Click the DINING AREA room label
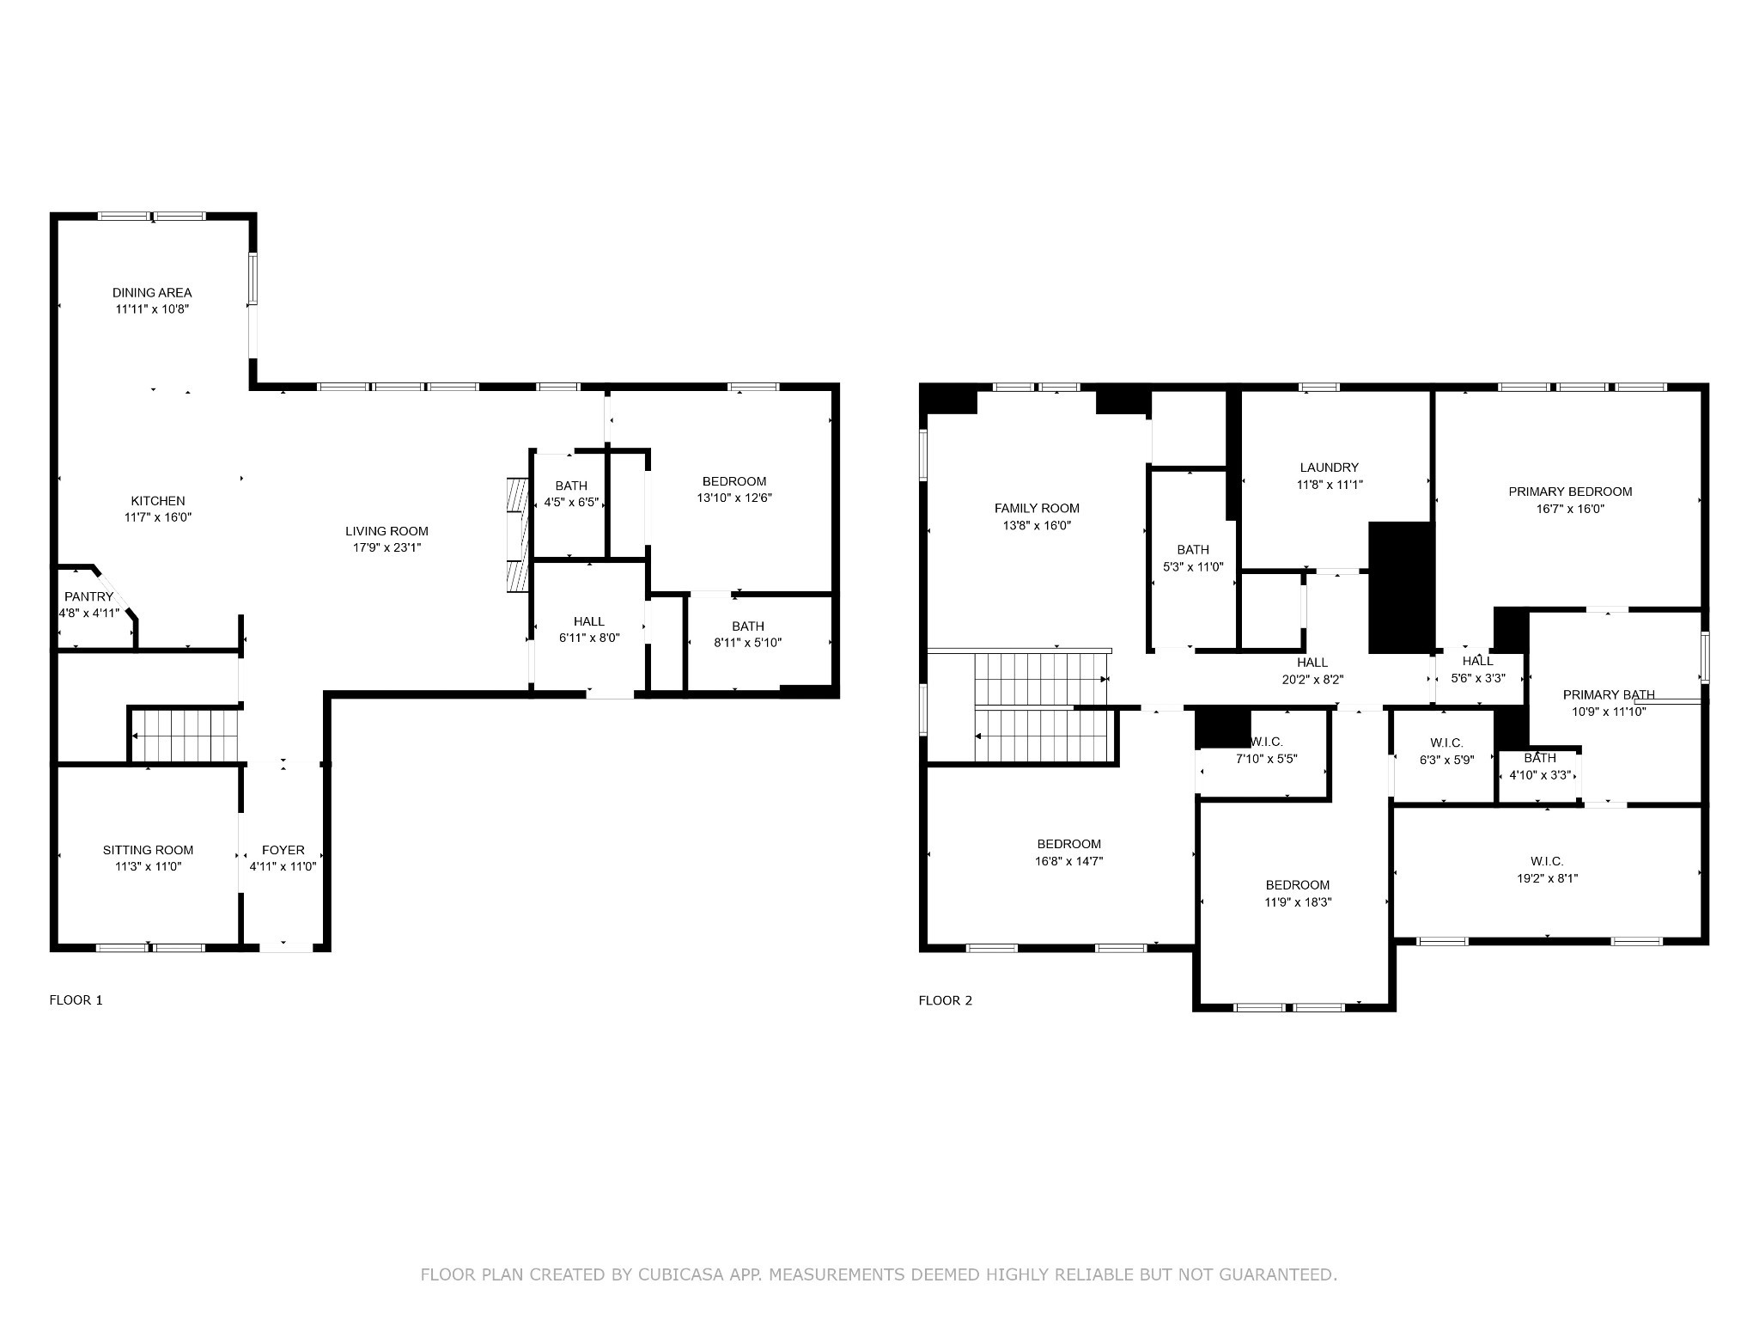pyautogui.click(x=152, y=292)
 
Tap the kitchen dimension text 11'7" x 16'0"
pyautogui.click(x=158, y=517)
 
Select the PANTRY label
pyautogui.click(x=88, y=596)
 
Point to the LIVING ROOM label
pyautogui.click(x=386, y=531)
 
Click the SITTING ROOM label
pyautogui.click(x=148, y=850)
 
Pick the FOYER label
pyautogui.click(x=283, y=850)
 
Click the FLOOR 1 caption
pyautogui.click(x=76, y=999)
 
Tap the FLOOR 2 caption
pyautogui.click(x=946, y=999)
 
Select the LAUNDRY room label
pyautogui.click(x=1330, y=467)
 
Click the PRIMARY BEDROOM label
pyautogui.click(x=1570, y=492)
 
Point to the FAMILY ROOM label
pyautogui.click(x=1037, y=508)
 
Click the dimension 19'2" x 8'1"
pyautogui.click(x=1547, y=878)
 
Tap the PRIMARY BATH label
pyautogui.click(x=1609, y=695)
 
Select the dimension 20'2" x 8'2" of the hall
pyautogui.click(x=1312, y=679)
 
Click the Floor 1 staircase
pyautogui.click(x=184, y=736)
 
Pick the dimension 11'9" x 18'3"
pyautogui.click(x=1298, y=902)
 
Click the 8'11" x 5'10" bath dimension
pyautogui.click(x=748, y=642)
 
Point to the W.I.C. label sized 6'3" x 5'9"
pyautogui.click(x=1446, y=742)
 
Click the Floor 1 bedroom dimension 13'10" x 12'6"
pyautogui.click(x=734, y=498)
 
